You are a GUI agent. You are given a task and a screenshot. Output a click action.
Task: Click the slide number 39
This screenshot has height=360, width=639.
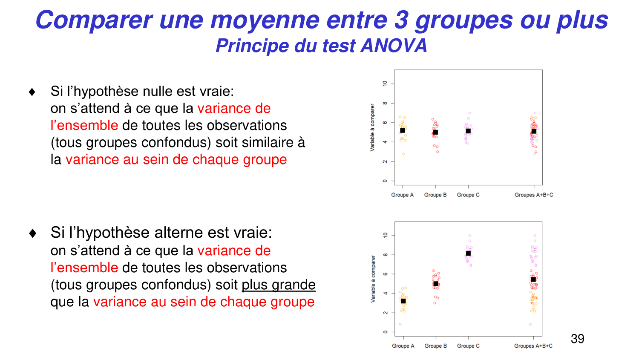[577, 339]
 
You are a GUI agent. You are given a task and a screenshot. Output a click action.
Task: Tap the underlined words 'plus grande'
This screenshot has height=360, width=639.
[279, 285]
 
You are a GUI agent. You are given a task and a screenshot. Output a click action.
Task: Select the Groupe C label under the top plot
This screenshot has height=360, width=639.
[468, 195]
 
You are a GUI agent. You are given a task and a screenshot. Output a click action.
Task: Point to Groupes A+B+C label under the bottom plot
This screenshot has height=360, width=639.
[533, 346]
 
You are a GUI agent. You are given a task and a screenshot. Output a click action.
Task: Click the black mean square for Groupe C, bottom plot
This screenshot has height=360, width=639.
[468, 253]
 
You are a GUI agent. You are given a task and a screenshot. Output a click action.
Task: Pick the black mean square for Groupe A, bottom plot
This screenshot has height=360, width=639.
[403, 301]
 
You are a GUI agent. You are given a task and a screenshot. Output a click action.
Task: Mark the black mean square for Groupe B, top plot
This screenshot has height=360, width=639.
[435, 132]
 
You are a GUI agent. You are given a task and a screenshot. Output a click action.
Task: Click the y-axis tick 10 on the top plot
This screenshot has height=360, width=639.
[385, 84]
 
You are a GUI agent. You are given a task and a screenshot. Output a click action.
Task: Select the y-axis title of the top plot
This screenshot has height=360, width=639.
[372, 127]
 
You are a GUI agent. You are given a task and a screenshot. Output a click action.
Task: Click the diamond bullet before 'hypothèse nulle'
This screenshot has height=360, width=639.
[32, 92]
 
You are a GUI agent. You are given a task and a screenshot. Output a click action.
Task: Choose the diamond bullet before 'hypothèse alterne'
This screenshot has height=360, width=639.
[32, 233]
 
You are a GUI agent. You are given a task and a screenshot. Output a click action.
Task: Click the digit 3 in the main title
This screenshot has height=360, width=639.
[401, 20]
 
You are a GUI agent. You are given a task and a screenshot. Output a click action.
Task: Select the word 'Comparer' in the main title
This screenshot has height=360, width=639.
[94, 20]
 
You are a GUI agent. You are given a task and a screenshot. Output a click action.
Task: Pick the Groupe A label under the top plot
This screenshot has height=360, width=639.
[402, 195]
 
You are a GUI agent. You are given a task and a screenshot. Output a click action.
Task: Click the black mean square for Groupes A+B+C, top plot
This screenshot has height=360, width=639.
[534, 132]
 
